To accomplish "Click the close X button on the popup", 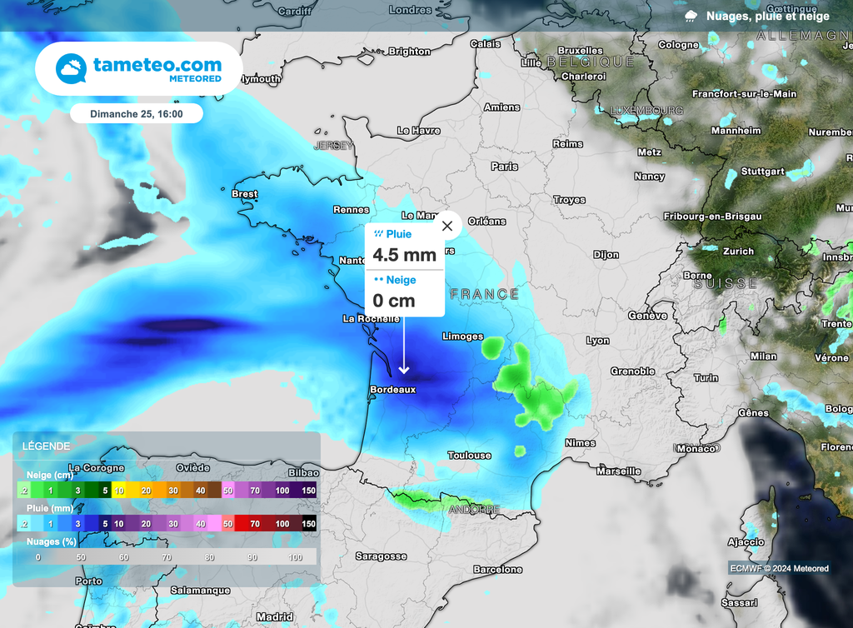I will pos(447,225).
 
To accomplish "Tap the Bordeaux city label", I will pos(392,389).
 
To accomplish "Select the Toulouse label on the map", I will pos(470,456).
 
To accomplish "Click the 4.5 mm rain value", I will pos(404,255).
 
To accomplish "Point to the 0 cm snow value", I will pos(393,301).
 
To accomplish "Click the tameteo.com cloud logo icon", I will pos(71,68).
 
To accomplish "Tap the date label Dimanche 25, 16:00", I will pos(137,113).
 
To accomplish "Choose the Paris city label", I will pos(504,167).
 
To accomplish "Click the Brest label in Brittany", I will pos(245,194).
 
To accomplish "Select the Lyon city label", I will pos(597,341).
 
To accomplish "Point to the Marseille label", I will pos(618,471).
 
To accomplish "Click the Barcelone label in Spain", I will pos(497,570).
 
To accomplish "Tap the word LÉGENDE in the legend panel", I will pos(47,446).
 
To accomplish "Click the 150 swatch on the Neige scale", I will pos(308,491).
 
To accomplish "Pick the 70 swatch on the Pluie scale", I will pos(255,524).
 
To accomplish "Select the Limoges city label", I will pos(462,336).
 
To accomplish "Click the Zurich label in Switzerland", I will pos(738,251).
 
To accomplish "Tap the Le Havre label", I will pos(418,131).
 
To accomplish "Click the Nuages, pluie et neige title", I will pos(767,16).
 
